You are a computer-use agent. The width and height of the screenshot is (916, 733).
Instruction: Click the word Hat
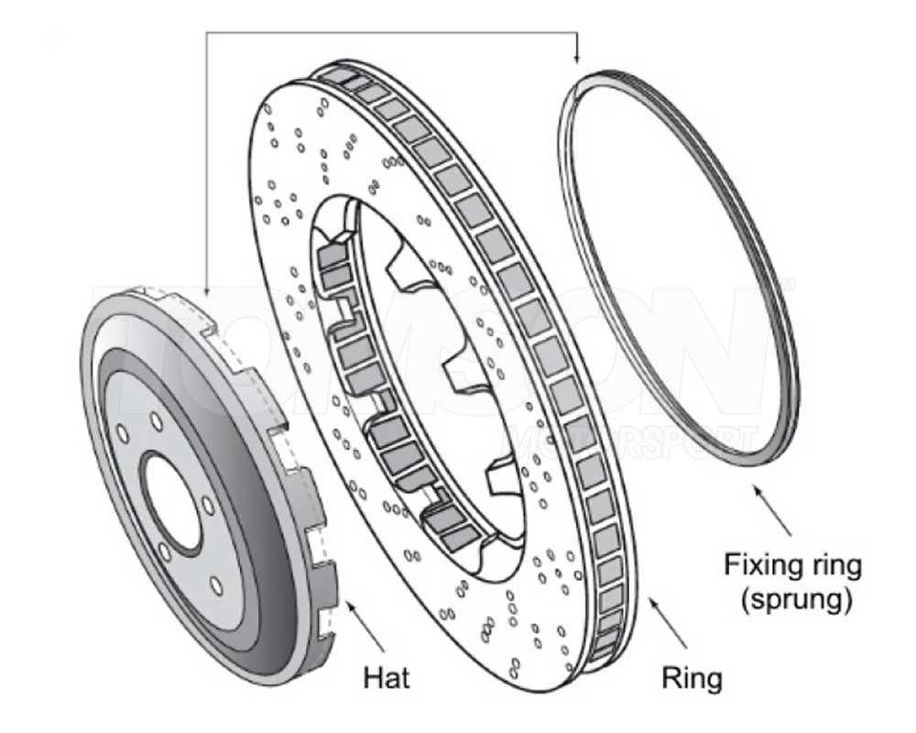[x=387, y=678]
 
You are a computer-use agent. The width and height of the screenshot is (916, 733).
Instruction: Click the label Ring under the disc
[x=692, y=678]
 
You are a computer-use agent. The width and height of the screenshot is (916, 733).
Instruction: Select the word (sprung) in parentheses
[x=793, y=602]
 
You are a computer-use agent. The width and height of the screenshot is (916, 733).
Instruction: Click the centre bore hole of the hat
[x=174, y=499]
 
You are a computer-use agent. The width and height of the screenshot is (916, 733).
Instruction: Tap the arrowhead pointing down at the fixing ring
[x=577, y=58]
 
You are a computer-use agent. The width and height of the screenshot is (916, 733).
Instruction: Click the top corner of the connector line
[x=207, y=35]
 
